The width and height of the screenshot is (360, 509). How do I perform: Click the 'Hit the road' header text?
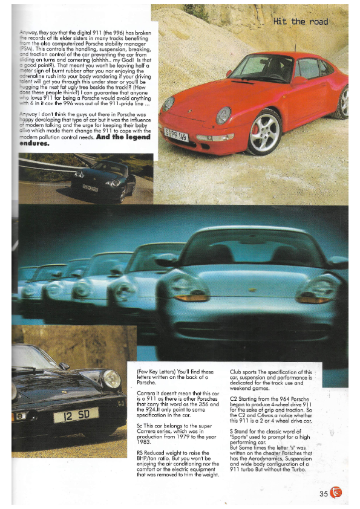[x=301, y=22]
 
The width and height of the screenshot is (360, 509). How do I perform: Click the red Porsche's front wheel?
[x=264, y=131]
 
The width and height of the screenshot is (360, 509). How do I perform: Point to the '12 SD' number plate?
[x=76, y=415]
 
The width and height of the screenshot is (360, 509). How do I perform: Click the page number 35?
[x=324, y=493]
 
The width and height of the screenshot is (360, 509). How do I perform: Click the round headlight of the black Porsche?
[x=111, y=379]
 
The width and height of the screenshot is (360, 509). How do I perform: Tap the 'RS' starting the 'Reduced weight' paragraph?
[x=141, y=452]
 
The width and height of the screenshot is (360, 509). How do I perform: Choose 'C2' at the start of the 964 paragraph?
[x=234, y=400]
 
